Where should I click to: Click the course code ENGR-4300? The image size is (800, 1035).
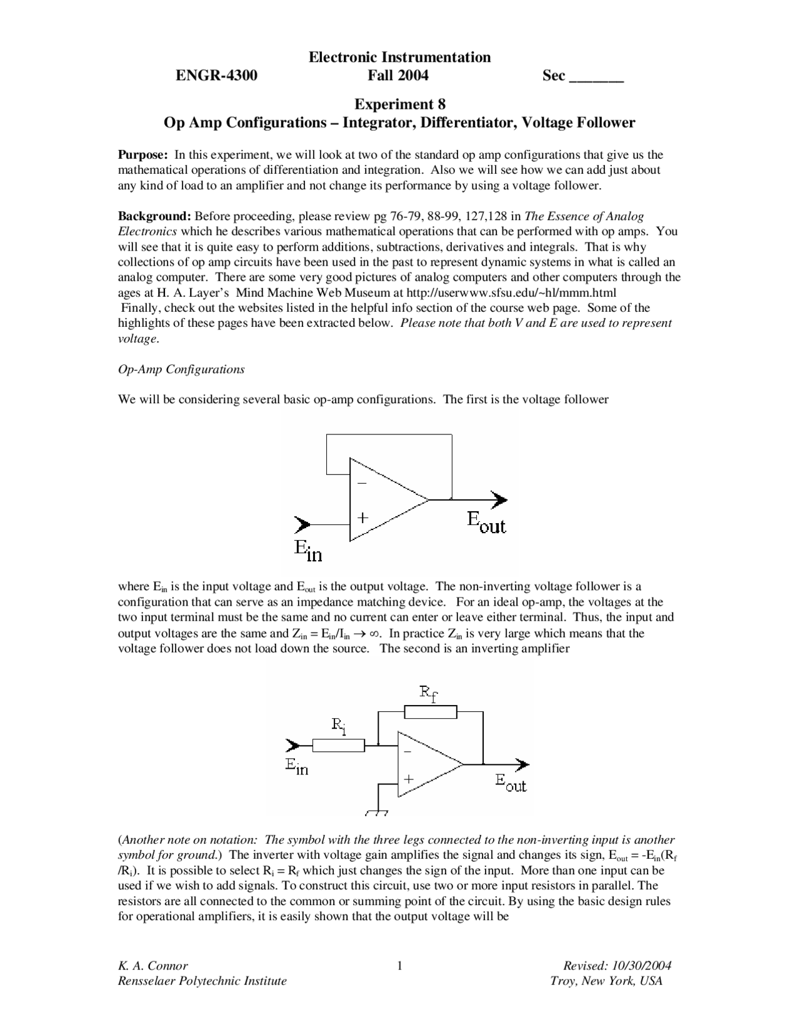[x=216, y=76]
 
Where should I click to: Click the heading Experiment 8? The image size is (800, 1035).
[x=400, y=103]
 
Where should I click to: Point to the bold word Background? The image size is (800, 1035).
[x=154, y=216]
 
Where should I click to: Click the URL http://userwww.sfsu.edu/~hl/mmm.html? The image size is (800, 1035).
[x=511, y=292]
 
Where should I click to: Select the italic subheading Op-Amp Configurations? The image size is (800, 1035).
[x=181, y=369]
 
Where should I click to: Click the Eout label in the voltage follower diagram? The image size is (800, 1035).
[x=486, y=522]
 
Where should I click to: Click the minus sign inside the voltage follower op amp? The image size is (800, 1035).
[x=362, y=483]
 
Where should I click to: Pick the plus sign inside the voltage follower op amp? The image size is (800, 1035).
[x=362, y=518]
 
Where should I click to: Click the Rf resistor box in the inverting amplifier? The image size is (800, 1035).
[x=431, y=712]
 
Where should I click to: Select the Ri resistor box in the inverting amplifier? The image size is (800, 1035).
[x=338, y=745]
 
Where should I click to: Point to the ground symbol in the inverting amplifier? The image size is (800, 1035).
[x=377, y=813]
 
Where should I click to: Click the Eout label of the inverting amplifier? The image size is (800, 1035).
[x=511, y=782]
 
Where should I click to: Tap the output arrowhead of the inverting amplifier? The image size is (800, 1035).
[x=522, y=764]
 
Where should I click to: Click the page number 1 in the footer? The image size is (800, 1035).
[x=399, y=966]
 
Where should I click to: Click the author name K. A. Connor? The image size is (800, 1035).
[x=153, y=966]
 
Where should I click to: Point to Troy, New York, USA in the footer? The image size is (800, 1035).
[x=606, y=981]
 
